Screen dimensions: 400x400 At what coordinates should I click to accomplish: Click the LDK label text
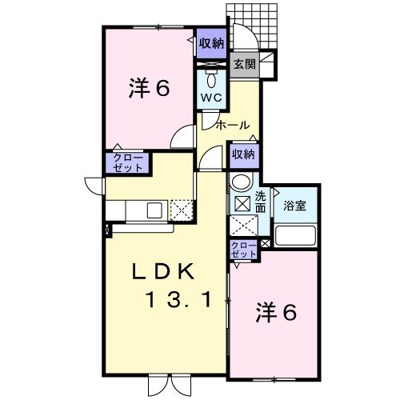point(162,271)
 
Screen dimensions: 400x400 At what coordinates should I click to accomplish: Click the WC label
point(211,97)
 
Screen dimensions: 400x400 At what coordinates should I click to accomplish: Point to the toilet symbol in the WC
point(211,79)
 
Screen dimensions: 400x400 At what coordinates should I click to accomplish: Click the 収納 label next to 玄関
point(212,42)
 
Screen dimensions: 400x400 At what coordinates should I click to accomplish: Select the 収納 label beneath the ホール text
point(243,154)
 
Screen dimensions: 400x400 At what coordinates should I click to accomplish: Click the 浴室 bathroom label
point(295,205)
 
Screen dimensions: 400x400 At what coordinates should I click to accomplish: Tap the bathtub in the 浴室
point(295,235)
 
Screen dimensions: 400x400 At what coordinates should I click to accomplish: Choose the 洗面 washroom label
point(261,202)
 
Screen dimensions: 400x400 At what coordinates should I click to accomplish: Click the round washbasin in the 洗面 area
point(241,184)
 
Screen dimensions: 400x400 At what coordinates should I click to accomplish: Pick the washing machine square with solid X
point(241,203)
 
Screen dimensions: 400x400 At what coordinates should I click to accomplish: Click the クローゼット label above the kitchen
point(127,162)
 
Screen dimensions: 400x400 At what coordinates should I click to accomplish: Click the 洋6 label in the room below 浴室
point(276,312)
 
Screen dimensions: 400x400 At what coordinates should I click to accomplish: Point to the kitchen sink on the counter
point(154,210)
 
